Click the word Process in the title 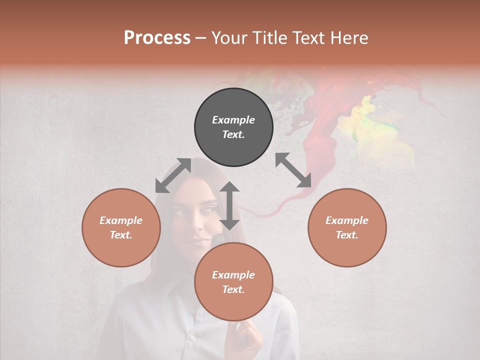[157, 38]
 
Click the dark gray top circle [233, 127]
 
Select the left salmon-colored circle [121, 227]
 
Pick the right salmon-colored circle [347, 227]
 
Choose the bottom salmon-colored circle [233, 281]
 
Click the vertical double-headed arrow [229, 205]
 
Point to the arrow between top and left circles [173, 175]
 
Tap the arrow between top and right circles [293, 170]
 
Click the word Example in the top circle [233, 120]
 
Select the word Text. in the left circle [121, 235]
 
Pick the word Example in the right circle [347, 220]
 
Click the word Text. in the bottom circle [233, 289]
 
